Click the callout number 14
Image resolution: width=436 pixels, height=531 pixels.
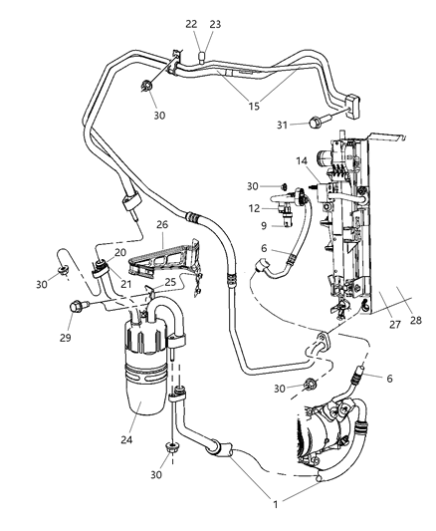coord(301,160)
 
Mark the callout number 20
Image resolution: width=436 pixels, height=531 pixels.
coord(119,252)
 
